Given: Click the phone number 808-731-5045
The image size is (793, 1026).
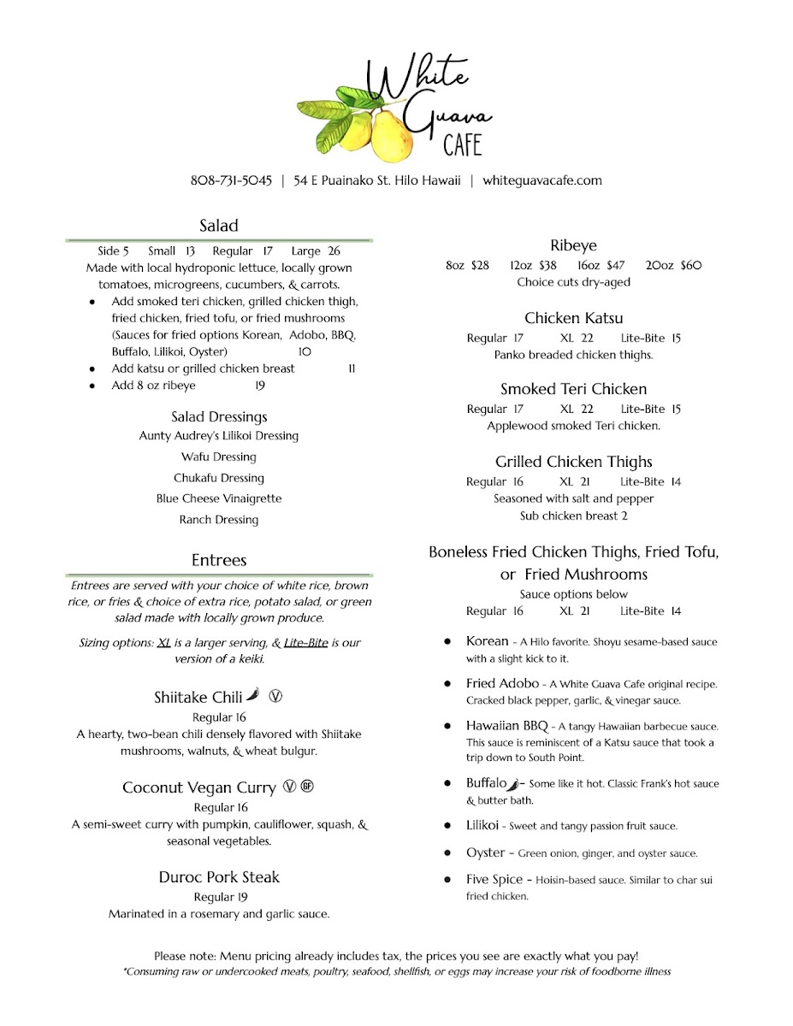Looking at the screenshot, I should coord(231,180).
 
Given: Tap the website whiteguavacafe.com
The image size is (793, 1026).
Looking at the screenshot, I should coord(542,180).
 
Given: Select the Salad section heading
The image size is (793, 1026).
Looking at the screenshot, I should coord(219,226).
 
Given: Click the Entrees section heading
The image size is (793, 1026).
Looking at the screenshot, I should coord(219,560).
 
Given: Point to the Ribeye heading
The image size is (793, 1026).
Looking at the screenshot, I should coord(573,245).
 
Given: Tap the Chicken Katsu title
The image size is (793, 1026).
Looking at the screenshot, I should coord(573,318).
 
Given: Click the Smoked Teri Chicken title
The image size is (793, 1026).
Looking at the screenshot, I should coord(573,389).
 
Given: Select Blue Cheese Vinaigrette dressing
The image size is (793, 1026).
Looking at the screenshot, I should coord(219,498).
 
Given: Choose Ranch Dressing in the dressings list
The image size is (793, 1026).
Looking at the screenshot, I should coord(219,520).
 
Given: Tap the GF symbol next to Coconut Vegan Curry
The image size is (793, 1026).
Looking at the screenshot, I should coord(308,787).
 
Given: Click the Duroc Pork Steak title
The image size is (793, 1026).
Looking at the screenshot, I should coord(219,877).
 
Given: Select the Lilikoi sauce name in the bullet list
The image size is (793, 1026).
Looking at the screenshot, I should coord(484,825).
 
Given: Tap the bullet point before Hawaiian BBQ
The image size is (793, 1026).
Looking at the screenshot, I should coord(447,726).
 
